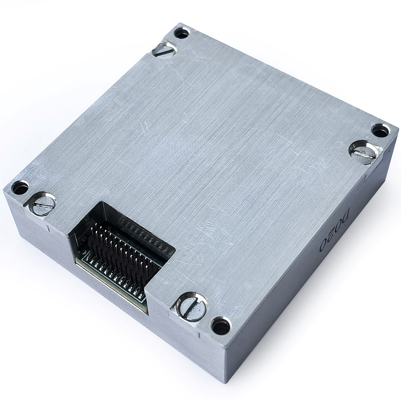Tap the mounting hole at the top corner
click(x=182, y=33)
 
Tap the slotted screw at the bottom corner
click(x=191, y=305)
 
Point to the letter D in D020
click(x=346, y=216)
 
